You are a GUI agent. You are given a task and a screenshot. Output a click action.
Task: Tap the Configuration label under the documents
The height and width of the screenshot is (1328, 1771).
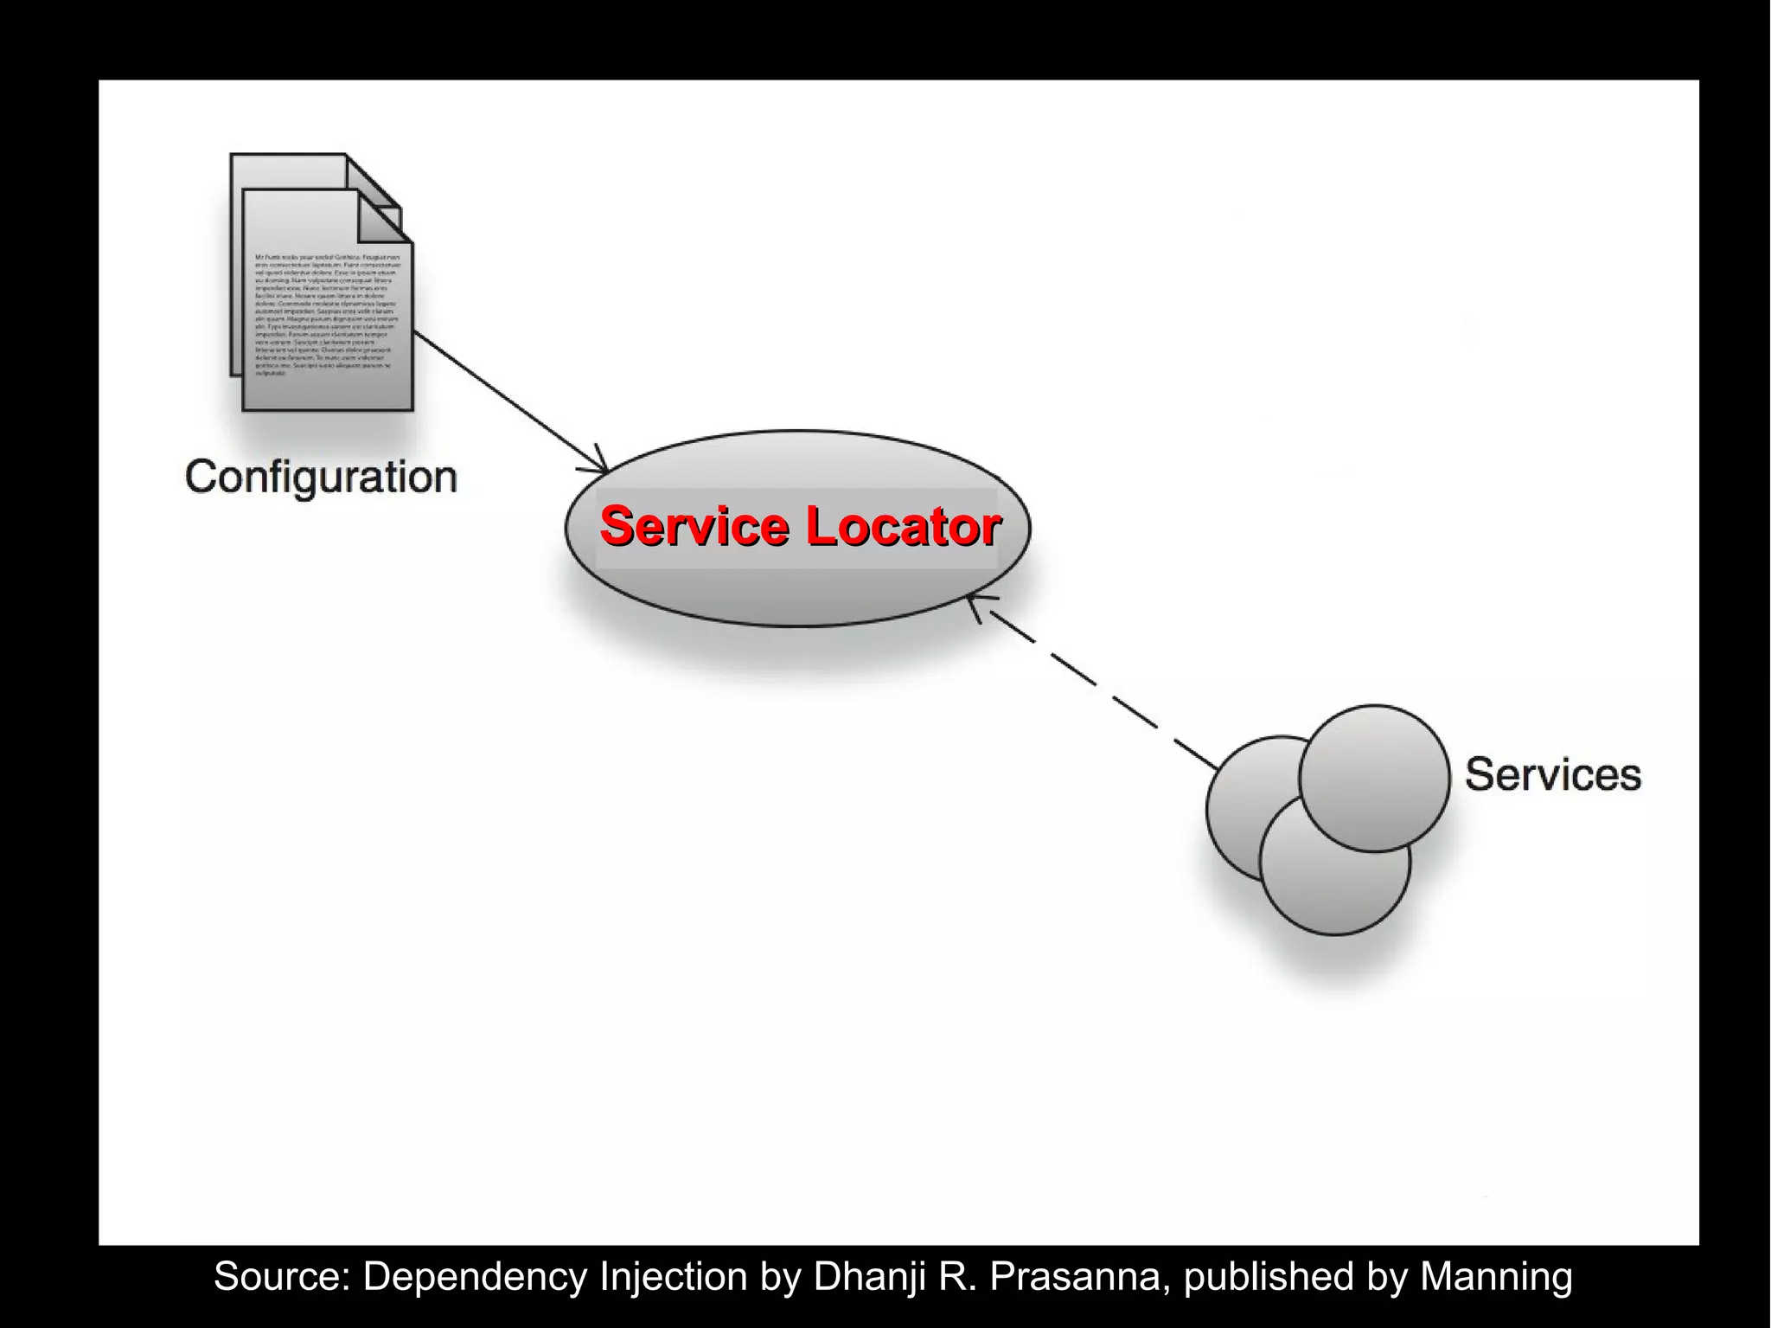coord(321,478)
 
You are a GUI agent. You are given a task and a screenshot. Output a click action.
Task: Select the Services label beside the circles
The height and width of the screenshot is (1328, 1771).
coord(1552,774)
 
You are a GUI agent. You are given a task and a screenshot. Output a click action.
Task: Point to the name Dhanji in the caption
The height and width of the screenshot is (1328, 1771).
coord(865,1276)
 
